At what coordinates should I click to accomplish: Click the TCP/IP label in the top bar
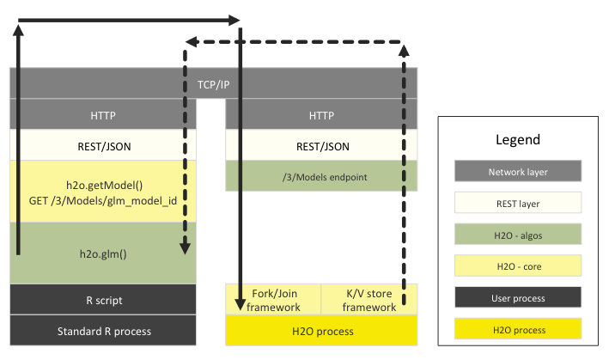coord(214,84)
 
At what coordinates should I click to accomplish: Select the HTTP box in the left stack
coord(103,115)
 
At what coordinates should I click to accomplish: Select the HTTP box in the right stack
coord(321,115)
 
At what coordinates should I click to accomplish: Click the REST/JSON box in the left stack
coord(103,146)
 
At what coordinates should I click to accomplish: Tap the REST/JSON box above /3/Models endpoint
coord(321,146)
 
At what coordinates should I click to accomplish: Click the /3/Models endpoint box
coord(321,177)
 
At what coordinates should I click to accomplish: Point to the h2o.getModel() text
coord(103,184)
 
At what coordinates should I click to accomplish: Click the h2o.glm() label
coord(103,253)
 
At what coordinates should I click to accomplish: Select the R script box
coord(103,300)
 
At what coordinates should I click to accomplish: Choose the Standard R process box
coord(103,331)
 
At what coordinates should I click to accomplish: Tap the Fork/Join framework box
coord(273,300)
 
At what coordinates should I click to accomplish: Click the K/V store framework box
coord(369,300)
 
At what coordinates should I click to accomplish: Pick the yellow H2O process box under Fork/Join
coord(321,331)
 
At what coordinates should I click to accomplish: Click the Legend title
coord(518,139)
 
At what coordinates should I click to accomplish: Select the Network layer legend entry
coord(518,171)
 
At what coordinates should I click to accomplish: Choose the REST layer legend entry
coord(518,203)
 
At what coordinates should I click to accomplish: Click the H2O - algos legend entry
coord(518,235)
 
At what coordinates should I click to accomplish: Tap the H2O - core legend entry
coord(518,266)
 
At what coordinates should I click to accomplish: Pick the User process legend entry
coord(518,298)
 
